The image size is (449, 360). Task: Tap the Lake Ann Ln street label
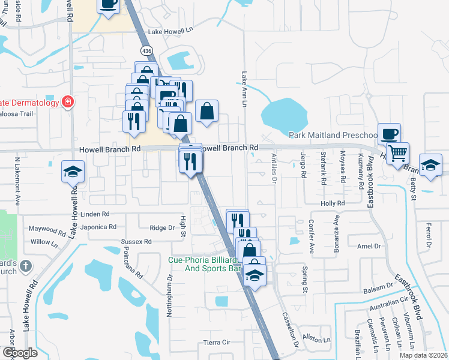tap(244, 91)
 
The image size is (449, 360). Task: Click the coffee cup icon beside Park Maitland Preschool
tap(389, 133)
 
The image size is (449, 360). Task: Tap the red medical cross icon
tap(68, 101)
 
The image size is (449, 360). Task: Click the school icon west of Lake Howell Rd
tap(73, 172)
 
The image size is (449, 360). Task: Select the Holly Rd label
tap(332, 203)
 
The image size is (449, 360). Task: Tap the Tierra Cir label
tap(217, 342)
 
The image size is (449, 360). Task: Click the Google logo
tap(19, 353)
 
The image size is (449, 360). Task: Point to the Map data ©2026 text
tap(423, 355)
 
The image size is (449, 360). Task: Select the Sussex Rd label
tap(136, 241)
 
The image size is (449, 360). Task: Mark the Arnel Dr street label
tap(369, 246)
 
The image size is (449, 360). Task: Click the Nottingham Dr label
tap(170, 292)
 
